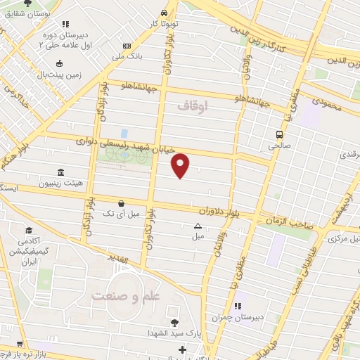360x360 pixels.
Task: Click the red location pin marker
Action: (x=181, y=165)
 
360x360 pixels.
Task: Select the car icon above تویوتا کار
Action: (x=163, y=13)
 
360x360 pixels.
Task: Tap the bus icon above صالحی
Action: (x=280, y=134)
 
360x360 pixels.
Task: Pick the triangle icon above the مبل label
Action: (x=197, y=226)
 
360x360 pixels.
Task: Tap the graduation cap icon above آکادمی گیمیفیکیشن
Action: (x=29, y=231)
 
